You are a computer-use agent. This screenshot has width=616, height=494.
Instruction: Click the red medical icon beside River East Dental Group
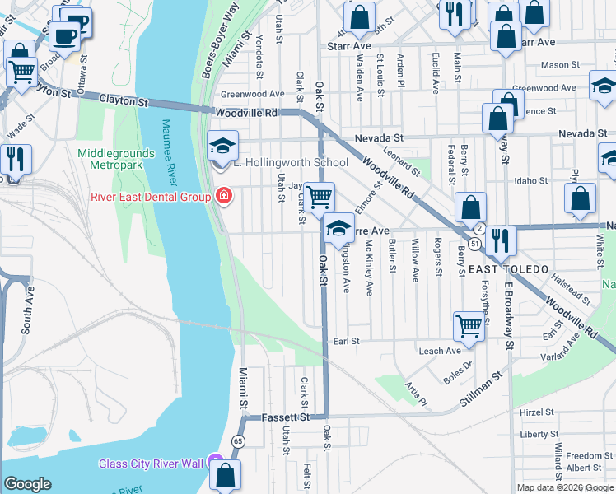click(x=222, y=196)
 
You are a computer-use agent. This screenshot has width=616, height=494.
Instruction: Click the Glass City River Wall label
click(x=152, y=464)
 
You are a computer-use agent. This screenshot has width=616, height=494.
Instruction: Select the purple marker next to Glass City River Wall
click(x=215, y=463)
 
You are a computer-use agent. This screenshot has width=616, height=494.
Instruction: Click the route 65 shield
click(x=239, y=442)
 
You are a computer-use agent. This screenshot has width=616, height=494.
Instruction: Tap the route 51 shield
click(x=475, y=244)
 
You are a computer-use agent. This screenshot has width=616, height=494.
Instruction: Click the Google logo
click(x=27, y=484)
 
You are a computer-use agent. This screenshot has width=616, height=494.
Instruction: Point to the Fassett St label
click(x=285, y=417)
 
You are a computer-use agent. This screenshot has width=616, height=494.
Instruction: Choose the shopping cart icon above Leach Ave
click(x=469, y=326)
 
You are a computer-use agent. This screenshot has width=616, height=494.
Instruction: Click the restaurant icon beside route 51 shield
click(x=500, y=240)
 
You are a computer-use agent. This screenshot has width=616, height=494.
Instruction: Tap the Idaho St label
click(x=531, y=180)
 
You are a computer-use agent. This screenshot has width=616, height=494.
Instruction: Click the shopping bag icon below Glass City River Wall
click(x=225, y=476)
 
